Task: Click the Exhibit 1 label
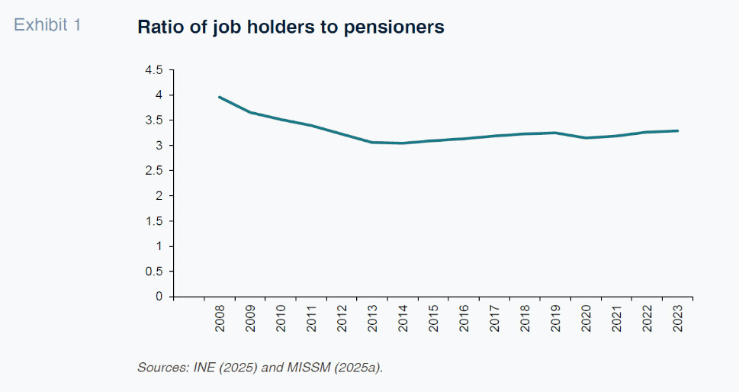(x=47, y=25)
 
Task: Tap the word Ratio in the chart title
(x=159, y=27)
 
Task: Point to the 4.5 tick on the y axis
(x=154, y=70)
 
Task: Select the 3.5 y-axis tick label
(x=154, y=120)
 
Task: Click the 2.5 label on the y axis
(x=154, y=171)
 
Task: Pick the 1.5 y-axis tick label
(x=154, y=221)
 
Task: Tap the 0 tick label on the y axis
(x=159, y=297)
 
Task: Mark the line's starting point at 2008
(x=220, y=97)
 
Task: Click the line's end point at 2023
(x=678, y=130)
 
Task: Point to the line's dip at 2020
(x=586, y=137)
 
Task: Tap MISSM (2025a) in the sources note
(x=334, y=368)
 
